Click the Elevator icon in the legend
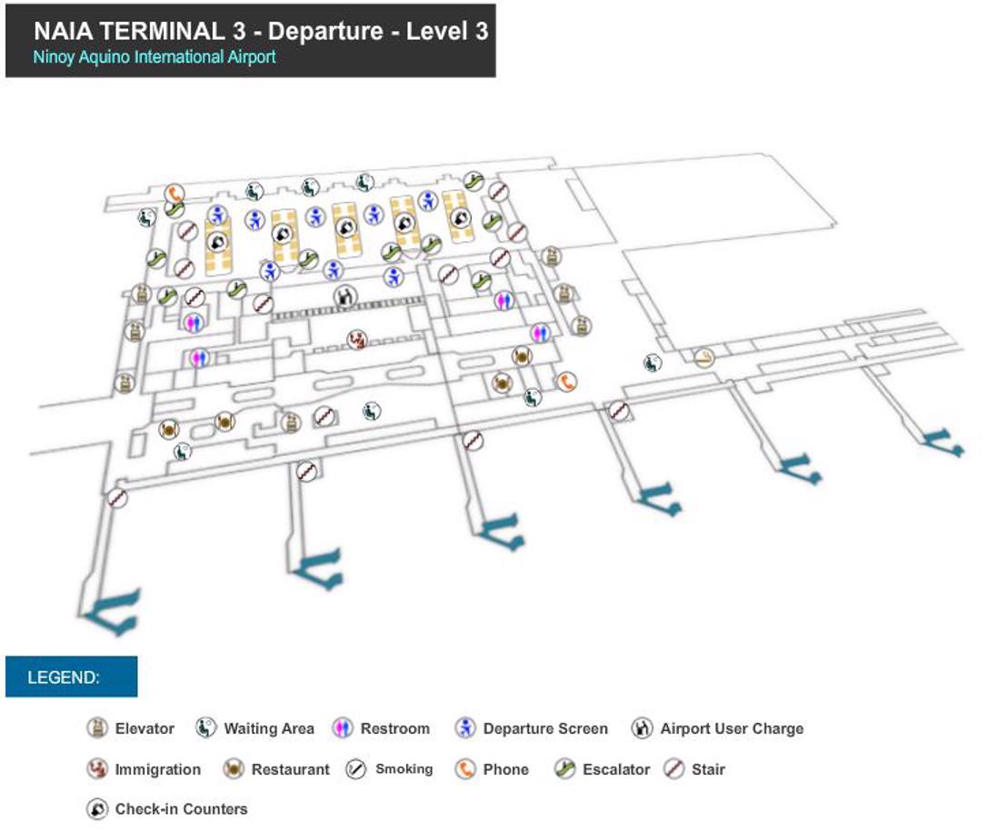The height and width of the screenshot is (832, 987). pyautogui.click(x=97, y=728)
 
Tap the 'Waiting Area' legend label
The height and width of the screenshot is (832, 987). pyautogui.click(x=268, y=728)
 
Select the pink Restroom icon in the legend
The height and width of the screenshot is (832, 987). pyautogui.click(x=343, y=728)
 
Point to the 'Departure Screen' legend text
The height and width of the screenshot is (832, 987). pyautogui.click(x=544, y=728)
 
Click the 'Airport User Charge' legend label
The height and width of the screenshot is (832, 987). pyautogui.click(x=732, y=728)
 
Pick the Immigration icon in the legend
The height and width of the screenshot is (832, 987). pyautogui.click(x=97, y=769)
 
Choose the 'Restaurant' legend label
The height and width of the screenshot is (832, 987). pyautogui.click(x=290, y=769)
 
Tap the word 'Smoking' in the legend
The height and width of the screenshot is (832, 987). pyautogui.click(x=404, y=769)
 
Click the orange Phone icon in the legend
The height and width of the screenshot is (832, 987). pyautogui.click(x=465, y=769)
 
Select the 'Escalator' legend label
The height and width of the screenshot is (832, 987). pyautogui.click(x=615, y=769)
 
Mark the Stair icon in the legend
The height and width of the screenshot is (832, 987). pyautogui.click(x=673, y=769)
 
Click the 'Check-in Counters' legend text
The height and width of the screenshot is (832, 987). pyautogui.click(x=181, y=809)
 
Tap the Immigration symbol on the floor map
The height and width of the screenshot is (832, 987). pyautogui.click(x=357, y=339)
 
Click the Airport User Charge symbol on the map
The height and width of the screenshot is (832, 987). pyautogui.click(x=344, y=295)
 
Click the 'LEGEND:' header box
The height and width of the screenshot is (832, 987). pyautogui.click(x=71, y=677)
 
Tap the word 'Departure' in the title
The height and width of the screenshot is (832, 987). pyautogui.click(x=325, y=31)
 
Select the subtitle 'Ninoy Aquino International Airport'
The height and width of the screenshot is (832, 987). pyautogui.click(x=155, y=57)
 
